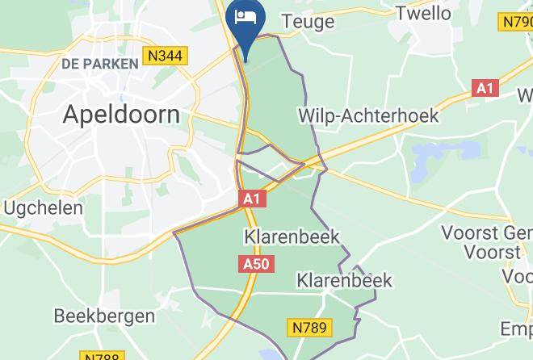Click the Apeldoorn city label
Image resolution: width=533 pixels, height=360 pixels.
(121, 114)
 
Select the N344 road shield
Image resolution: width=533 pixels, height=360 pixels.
(165, 57)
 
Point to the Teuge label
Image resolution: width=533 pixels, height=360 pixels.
(307, 22)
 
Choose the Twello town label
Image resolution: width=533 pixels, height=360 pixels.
(425, 12)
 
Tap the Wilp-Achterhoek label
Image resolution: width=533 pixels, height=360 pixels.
(368, 116)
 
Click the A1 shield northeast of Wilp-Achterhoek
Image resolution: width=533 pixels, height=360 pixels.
(485, 89)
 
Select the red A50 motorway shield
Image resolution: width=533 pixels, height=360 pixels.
(257, 264)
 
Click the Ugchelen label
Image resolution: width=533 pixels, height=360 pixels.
(44, 208)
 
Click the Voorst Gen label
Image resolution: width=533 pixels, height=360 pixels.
(485, 233)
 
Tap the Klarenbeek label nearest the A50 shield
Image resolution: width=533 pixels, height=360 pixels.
(292, 237)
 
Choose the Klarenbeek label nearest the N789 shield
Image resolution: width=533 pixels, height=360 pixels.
(344, 281)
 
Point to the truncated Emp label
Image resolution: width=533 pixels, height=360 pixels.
(516, 329)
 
